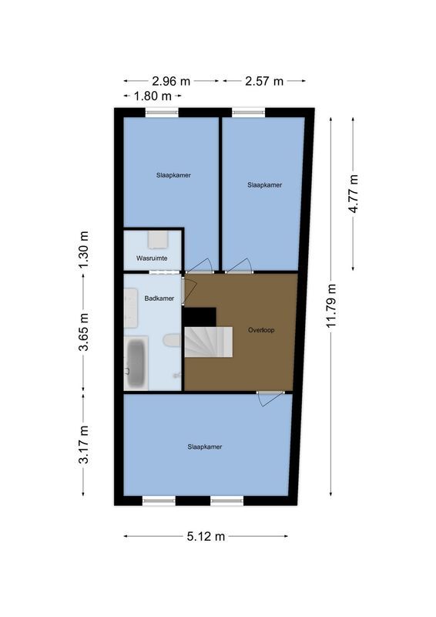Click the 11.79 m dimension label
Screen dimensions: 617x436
tap(333, 306)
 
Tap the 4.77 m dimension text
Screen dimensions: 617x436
tap(354, 196)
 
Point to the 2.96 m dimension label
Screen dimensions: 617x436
tap(172, 80)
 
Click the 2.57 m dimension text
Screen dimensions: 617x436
tap(264, 80)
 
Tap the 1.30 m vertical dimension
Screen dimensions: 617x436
tap(84, 250)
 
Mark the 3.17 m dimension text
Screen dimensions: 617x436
tap(84, 445)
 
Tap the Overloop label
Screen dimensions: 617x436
tap(261, 329)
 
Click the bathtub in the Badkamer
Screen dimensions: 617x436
tap(137, 362)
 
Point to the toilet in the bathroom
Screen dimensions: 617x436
tap(172, 340)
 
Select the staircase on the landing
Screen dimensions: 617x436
tap(209, 342)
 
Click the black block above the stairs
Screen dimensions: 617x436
tap(200, 315)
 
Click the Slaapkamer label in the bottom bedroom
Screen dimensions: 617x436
tap(204, 447)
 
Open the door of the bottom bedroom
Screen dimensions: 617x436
tap(269, 397)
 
